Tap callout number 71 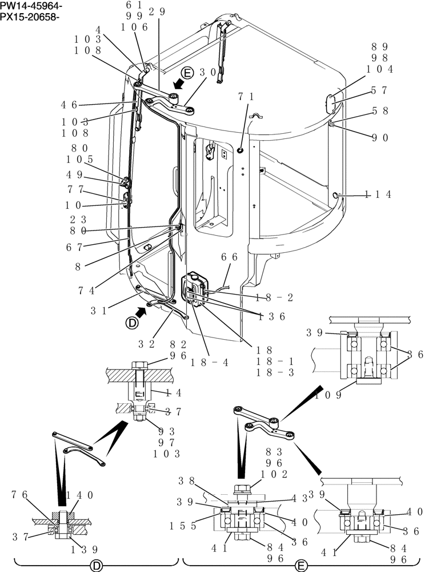pos(247,98)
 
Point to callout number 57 pos(379,90)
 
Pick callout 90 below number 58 pos(379,137)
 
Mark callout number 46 pos(70,105)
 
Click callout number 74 pos(86,290)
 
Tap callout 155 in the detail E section pos(185,525)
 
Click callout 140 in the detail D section pos(80,495)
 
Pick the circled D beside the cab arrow pos(132,323)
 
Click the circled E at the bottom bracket pos(300,566)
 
